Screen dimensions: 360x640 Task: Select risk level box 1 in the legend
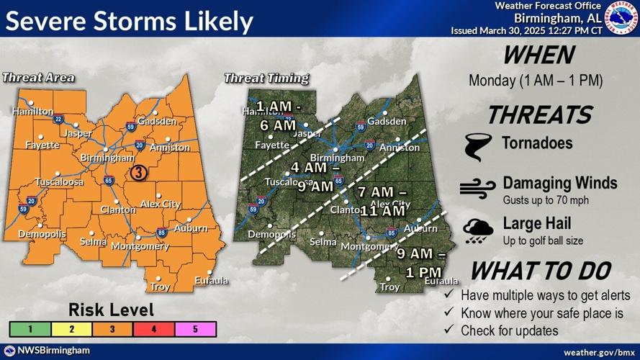click(x=29, y=329)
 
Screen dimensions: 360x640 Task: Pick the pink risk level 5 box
click(x=195, y=329)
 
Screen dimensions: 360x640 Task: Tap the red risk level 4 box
click(x=153, y=329)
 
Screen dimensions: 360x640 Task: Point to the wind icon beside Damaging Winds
click(x=477, y=186)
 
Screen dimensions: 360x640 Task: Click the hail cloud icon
click(x=478, y=228)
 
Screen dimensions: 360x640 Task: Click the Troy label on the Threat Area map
click(x=160, y=287)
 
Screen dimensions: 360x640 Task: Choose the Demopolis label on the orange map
click(x=42, y=235)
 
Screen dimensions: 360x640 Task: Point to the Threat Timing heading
click(x=266, y=78)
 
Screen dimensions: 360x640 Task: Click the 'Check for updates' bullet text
click(x=509, y=330)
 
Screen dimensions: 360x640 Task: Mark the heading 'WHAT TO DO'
click(x=540, y=271)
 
